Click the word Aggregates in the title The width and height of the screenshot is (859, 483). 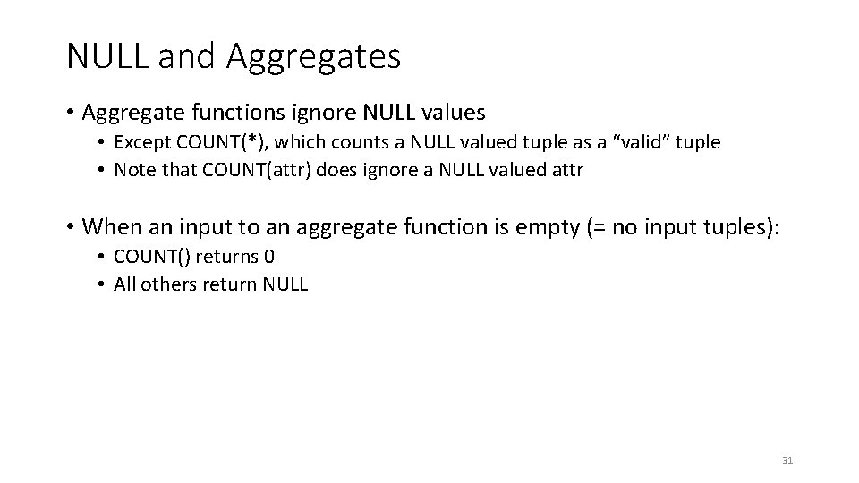(x=313, y=57)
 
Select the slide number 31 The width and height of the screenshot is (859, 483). (x=787, y=461)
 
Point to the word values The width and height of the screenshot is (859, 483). (x=451, y=113)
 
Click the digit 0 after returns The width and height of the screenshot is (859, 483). (x=269, y=258)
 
